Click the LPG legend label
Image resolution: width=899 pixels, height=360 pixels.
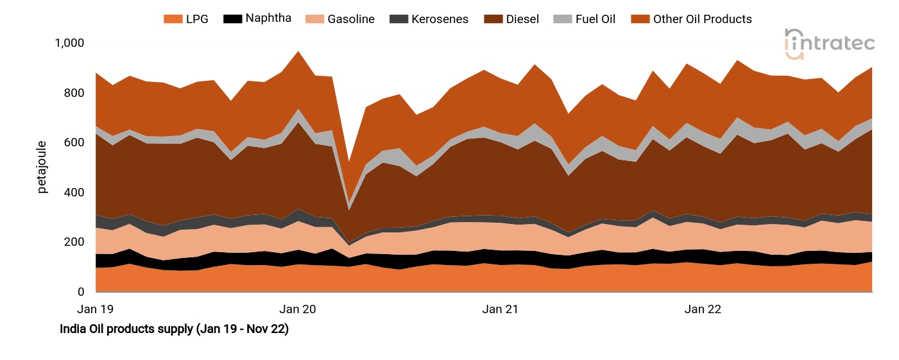tap(198, 19)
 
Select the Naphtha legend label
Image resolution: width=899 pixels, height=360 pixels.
tap(268, 18)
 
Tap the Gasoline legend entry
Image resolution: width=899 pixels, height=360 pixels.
tap(351, 19)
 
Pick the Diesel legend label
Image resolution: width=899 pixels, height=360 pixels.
tap(522, 19)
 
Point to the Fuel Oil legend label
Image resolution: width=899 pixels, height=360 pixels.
tap(595, 19)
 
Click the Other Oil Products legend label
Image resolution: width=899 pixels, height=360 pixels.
tap(702, 19)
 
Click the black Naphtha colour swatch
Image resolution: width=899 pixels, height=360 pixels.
tap(232, 19)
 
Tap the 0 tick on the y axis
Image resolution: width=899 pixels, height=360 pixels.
tap(81, 292)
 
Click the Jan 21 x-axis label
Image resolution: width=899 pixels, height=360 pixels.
tap(501, 309)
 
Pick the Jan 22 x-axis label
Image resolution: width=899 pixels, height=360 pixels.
tap(703, 309)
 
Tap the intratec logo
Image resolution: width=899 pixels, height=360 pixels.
tap(829, 44)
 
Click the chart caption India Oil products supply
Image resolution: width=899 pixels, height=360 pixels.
tap(174, 329)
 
